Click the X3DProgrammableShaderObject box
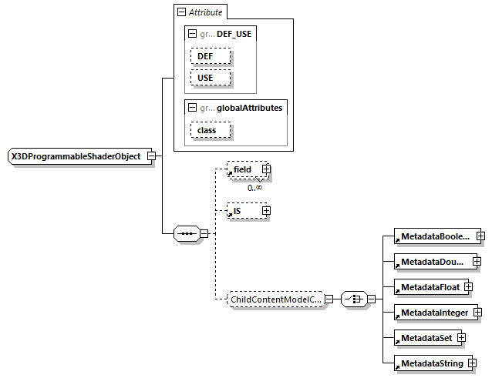pos(76,156)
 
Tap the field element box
pos(243,169)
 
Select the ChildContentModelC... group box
pos(275,299)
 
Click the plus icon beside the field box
pos(266,169)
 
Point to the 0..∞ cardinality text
pos(254,187)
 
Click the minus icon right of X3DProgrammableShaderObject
pos(151,156)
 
